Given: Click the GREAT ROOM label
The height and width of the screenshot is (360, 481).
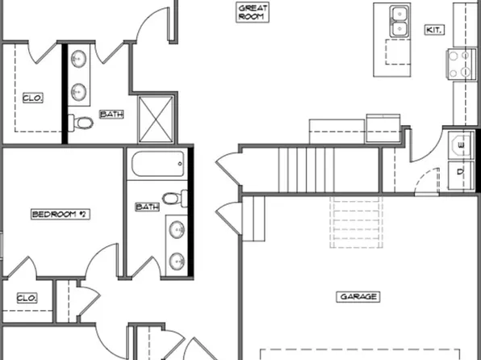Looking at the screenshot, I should (252, 11).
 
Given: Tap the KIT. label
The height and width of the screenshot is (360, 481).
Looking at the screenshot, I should (433, 30).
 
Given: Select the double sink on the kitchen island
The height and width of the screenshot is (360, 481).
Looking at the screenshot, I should (397, 21).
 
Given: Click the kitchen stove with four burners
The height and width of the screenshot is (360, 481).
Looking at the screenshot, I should (464, 64).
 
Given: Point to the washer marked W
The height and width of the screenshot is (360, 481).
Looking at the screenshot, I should (460, 144).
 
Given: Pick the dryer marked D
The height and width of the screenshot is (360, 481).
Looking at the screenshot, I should (460, 172).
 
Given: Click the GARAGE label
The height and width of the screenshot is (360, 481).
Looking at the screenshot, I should (357, 297).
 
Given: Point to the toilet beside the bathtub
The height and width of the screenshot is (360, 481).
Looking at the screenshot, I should (173, 198).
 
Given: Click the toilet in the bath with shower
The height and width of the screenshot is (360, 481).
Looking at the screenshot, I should (82, 123).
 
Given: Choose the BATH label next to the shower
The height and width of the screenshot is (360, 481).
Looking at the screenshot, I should (111, 115).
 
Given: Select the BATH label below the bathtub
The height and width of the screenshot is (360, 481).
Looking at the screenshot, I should (147, 207).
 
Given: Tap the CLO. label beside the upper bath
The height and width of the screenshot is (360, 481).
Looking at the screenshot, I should (32, 98).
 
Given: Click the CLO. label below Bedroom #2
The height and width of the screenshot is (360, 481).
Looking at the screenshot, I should (27, 298).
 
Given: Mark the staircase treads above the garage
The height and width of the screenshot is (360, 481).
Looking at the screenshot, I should (307, 166).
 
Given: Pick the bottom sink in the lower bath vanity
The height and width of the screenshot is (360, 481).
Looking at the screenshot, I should (176, 261).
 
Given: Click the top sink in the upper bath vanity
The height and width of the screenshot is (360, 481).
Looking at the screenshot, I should (79, 59).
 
